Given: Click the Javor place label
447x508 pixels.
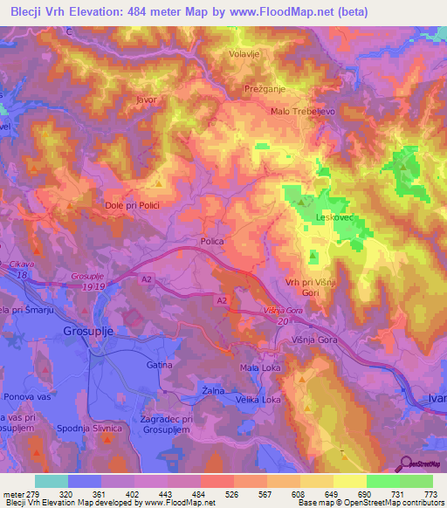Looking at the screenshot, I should pos(146,100).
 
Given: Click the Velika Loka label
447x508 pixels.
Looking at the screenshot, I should pos(260,400).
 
